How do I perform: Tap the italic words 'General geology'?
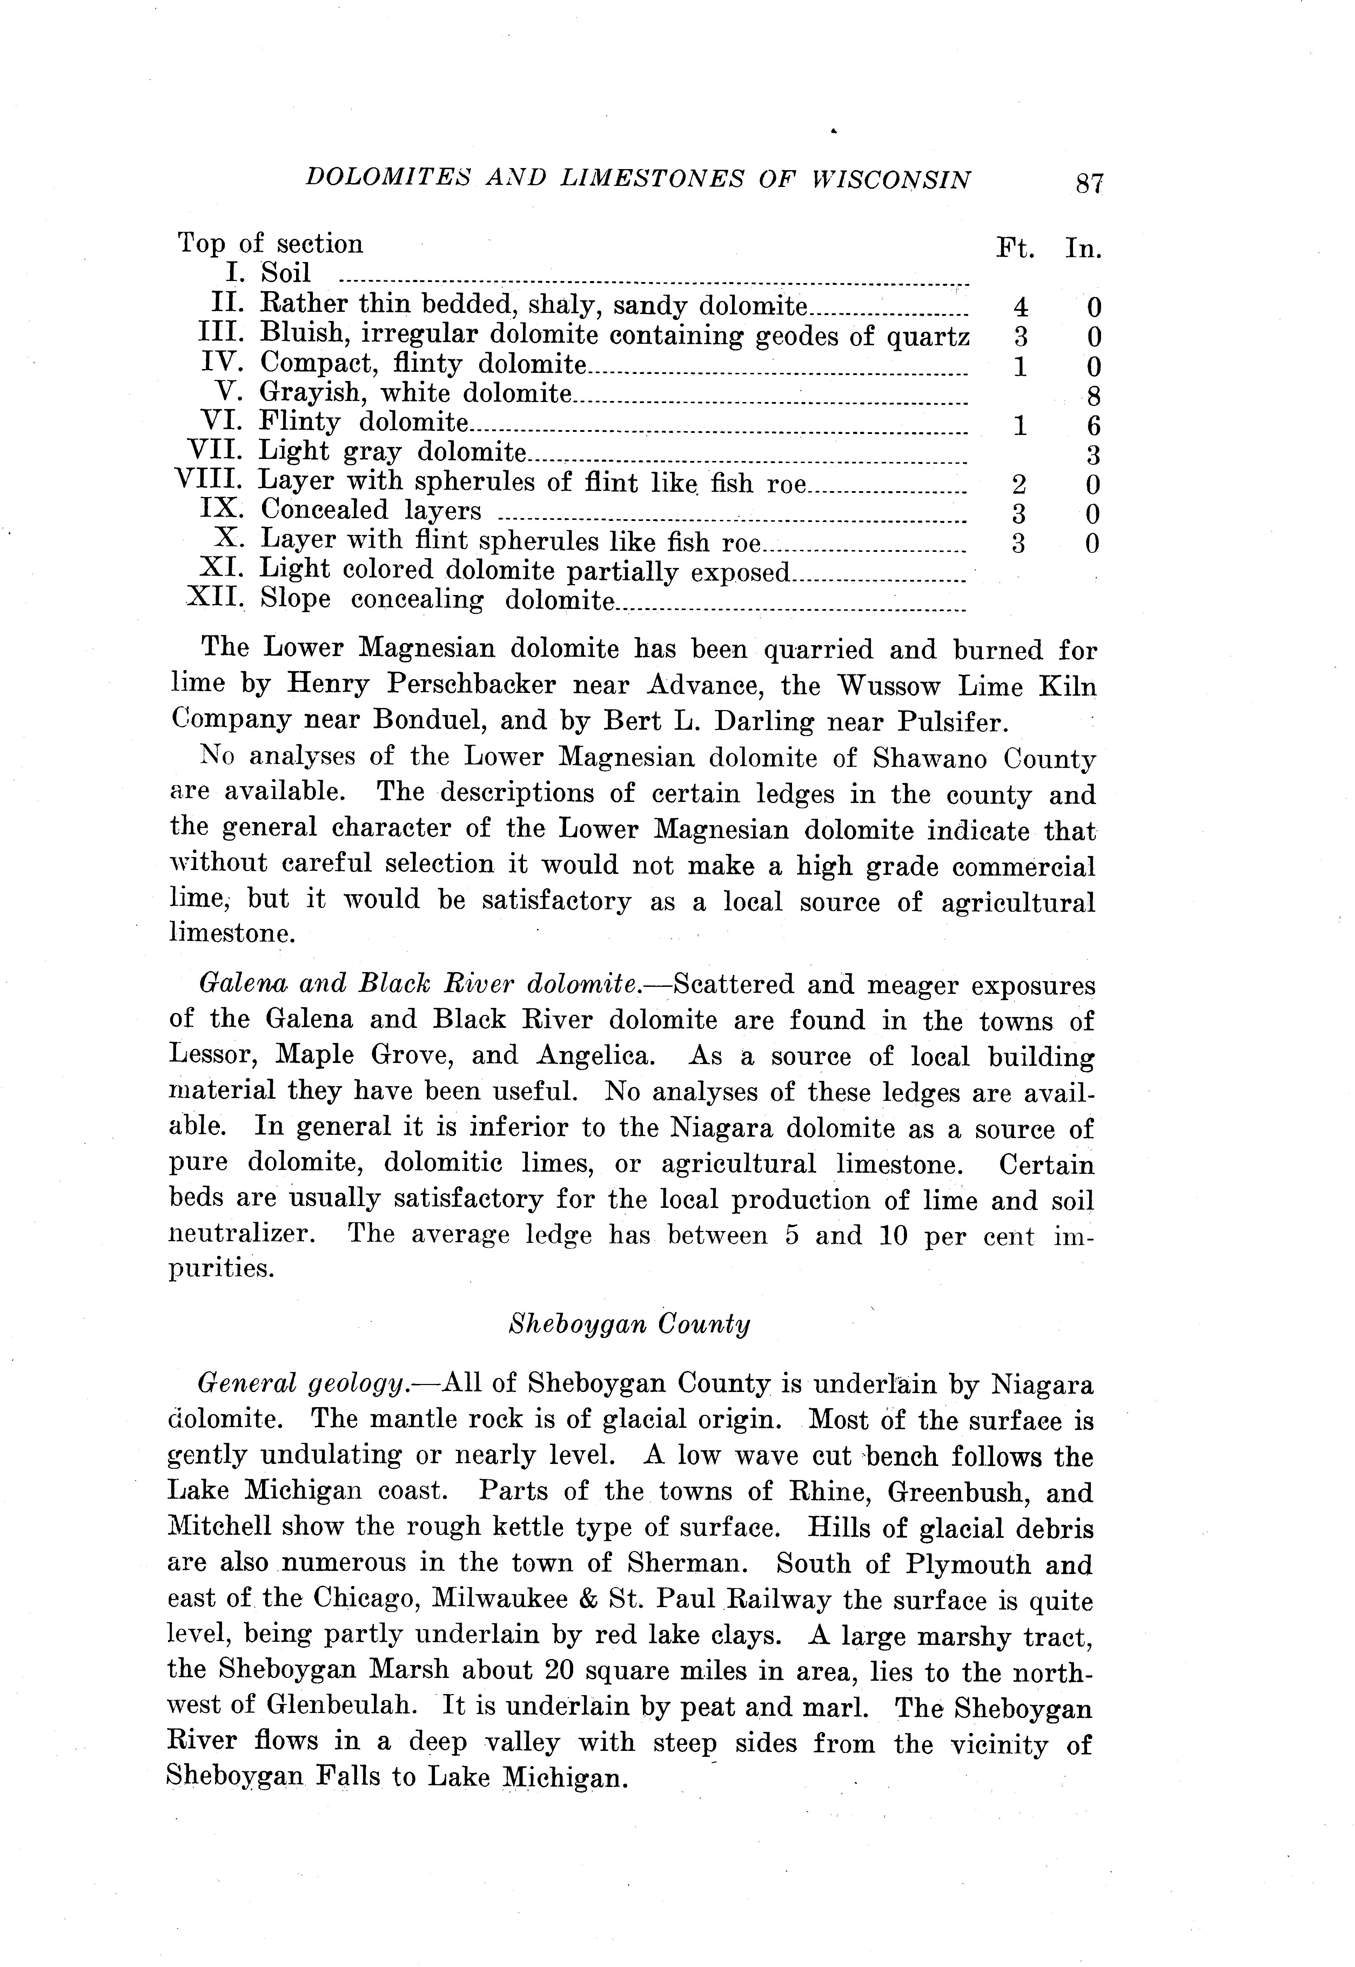click(300, 1385)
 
